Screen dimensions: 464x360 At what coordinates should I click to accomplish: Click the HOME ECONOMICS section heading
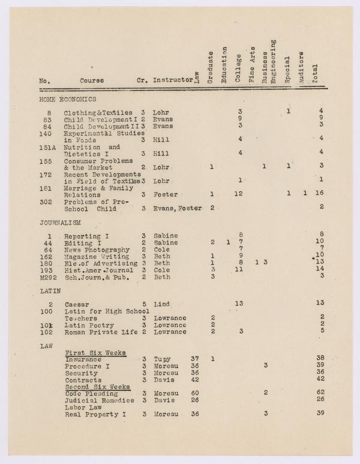click(67, 100)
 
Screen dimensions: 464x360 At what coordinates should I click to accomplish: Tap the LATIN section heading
click(50, 291)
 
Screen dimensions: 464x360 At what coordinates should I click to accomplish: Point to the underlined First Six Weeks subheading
click(95, 353)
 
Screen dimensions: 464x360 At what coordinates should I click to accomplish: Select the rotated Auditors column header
click(301, 67)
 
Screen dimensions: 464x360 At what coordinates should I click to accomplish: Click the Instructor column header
click(173, 80)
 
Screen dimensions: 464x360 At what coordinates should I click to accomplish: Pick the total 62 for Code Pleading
click(321, 393)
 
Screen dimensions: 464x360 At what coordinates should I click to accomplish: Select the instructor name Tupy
click(162, 359)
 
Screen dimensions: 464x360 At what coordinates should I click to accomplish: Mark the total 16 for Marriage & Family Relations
click(319, 194)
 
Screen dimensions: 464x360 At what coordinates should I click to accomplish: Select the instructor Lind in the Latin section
click(160, 304)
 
